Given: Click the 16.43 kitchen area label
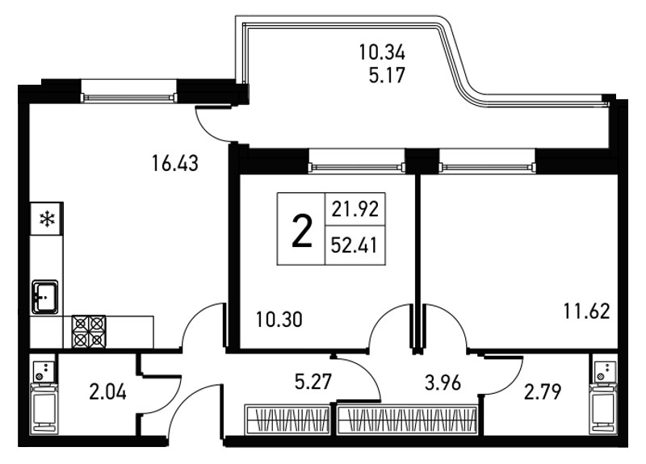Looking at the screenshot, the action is tap(175, 163).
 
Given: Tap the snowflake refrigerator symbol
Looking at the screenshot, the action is tap(47, 219).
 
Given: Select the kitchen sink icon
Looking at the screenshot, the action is tap(45, 296).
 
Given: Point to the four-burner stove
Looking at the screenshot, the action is tap(89, 332).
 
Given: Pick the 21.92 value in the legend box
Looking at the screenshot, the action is tap(355, 210).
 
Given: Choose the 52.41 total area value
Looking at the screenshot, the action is tap(354, 246).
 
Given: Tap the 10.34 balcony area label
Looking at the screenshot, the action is tap(382, 52).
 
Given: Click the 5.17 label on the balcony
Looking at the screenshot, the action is tap(388, 75).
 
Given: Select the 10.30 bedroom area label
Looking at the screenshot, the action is tap(279, 320).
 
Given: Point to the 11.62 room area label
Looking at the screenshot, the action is tap(587, 311).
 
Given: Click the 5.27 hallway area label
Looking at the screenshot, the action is tap(313, 382).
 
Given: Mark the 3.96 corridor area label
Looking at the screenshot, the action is tap(443, 383).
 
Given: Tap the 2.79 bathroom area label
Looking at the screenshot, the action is tap(543, 392).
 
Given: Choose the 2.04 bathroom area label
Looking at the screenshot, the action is tap(107, 392).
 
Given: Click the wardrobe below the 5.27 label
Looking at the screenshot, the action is tap(287, 420).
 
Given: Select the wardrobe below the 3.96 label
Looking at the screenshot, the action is tap(407, 420).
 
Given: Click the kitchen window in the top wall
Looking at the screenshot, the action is tap(129, 98).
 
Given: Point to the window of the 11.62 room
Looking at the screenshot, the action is tap(488, 167).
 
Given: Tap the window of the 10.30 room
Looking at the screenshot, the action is tap(357, 167).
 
